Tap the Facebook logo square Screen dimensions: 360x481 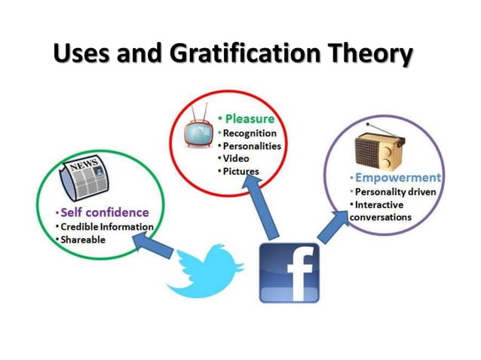289,272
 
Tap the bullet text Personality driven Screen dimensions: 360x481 395,192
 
